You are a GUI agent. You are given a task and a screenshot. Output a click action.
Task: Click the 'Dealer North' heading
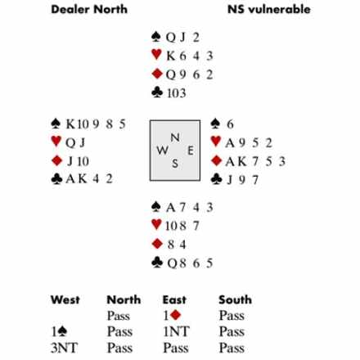point(89,9)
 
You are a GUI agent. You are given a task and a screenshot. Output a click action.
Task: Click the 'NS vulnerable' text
point(269,9)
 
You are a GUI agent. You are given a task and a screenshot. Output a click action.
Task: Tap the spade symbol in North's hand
point(156,37)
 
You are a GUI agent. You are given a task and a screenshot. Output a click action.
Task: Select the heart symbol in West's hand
point(56,142)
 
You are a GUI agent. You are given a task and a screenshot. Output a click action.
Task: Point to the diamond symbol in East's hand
point(216,160)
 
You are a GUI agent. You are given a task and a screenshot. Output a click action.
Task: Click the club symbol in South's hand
point(157,263)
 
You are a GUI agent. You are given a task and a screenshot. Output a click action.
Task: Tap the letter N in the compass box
point(175,137)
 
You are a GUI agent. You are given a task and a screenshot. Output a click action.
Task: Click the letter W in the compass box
point(162,151)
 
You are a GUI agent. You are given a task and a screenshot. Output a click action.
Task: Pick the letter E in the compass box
point(191,151)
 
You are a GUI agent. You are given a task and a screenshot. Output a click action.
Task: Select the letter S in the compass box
point(175,164)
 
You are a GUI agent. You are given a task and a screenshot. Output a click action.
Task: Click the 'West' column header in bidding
point(65,299)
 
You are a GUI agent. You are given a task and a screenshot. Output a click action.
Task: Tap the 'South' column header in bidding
point(235,299)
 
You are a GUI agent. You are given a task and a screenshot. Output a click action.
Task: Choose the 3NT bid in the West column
point(65,348)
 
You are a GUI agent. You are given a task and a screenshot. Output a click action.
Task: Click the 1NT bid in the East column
point(176,331)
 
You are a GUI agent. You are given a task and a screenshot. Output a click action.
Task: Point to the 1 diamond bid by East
point(172,315)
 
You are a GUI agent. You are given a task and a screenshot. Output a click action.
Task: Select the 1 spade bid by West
point(59,331)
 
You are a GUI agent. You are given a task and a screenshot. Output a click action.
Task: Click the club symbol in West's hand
point(56,179)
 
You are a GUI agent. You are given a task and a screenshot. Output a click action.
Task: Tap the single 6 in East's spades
point(230,124)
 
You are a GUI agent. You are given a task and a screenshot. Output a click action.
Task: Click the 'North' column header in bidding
point(124,299)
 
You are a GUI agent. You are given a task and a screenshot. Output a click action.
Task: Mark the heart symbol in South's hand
point(156,224)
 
